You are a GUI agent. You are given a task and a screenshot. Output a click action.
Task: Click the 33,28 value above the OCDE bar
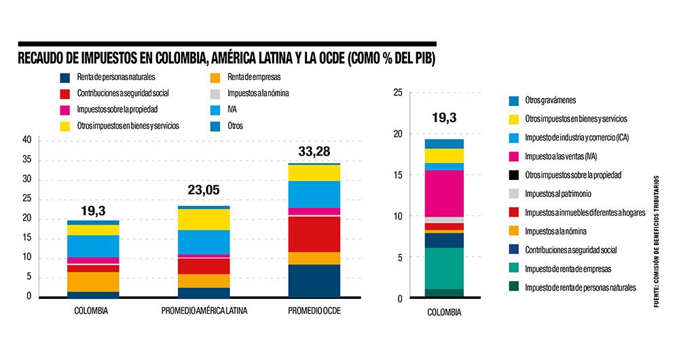[314, 149]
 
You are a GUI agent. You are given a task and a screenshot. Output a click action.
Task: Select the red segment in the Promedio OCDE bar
[314, 234]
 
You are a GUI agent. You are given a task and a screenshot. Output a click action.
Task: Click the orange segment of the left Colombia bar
[93, 281]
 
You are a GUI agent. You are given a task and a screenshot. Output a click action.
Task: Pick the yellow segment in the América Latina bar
[204, 219]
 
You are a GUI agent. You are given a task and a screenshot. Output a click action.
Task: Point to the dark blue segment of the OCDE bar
[314, 281]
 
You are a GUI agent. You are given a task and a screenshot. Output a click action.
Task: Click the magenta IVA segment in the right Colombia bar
[444, 193]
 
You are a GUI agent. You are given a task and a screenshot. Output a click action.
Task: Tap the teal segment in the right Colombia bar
[444, 268]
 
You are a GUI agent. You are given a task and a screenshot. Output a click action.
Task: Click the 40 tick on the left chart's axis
[27, 141]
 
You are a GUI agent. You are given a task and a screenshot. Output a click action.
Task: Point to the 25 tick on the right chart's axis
[398, 93]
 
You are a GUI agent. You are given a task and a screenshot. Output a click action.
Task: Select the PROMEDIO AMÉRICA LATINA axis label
[204, 311]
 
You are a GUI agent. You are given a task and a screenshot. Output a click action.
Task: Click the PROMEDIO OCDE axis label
[314, 311]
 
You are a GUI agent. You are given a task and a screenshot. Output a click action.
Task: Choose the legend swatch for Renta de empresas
[215, 77]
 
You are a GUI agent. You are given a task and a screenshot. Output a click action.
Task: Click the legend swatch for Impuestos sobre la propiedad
[65, 109]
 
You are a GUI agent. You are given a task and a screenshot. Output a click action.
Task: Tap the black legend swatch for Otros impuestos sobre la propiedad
[514, 175]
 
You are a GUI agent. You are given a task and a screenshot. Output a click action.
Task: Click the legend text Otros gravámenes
[551, 101]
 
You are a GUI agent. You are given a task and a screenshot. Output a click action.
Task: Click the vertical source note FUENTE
[656, 242]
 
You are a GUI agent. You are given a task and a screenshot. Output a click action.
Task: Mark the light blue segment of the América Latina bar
[204, 241]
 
